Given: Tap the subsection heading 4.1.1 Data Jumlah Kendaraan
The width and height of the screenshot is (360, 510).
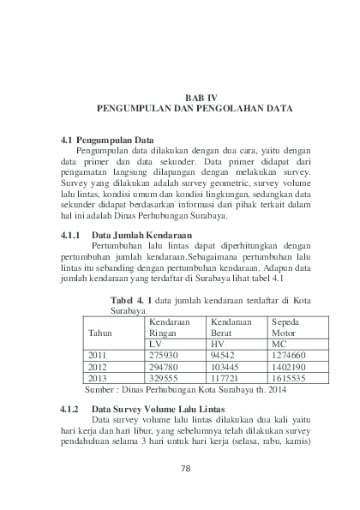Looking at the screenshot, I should [127, 210].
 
